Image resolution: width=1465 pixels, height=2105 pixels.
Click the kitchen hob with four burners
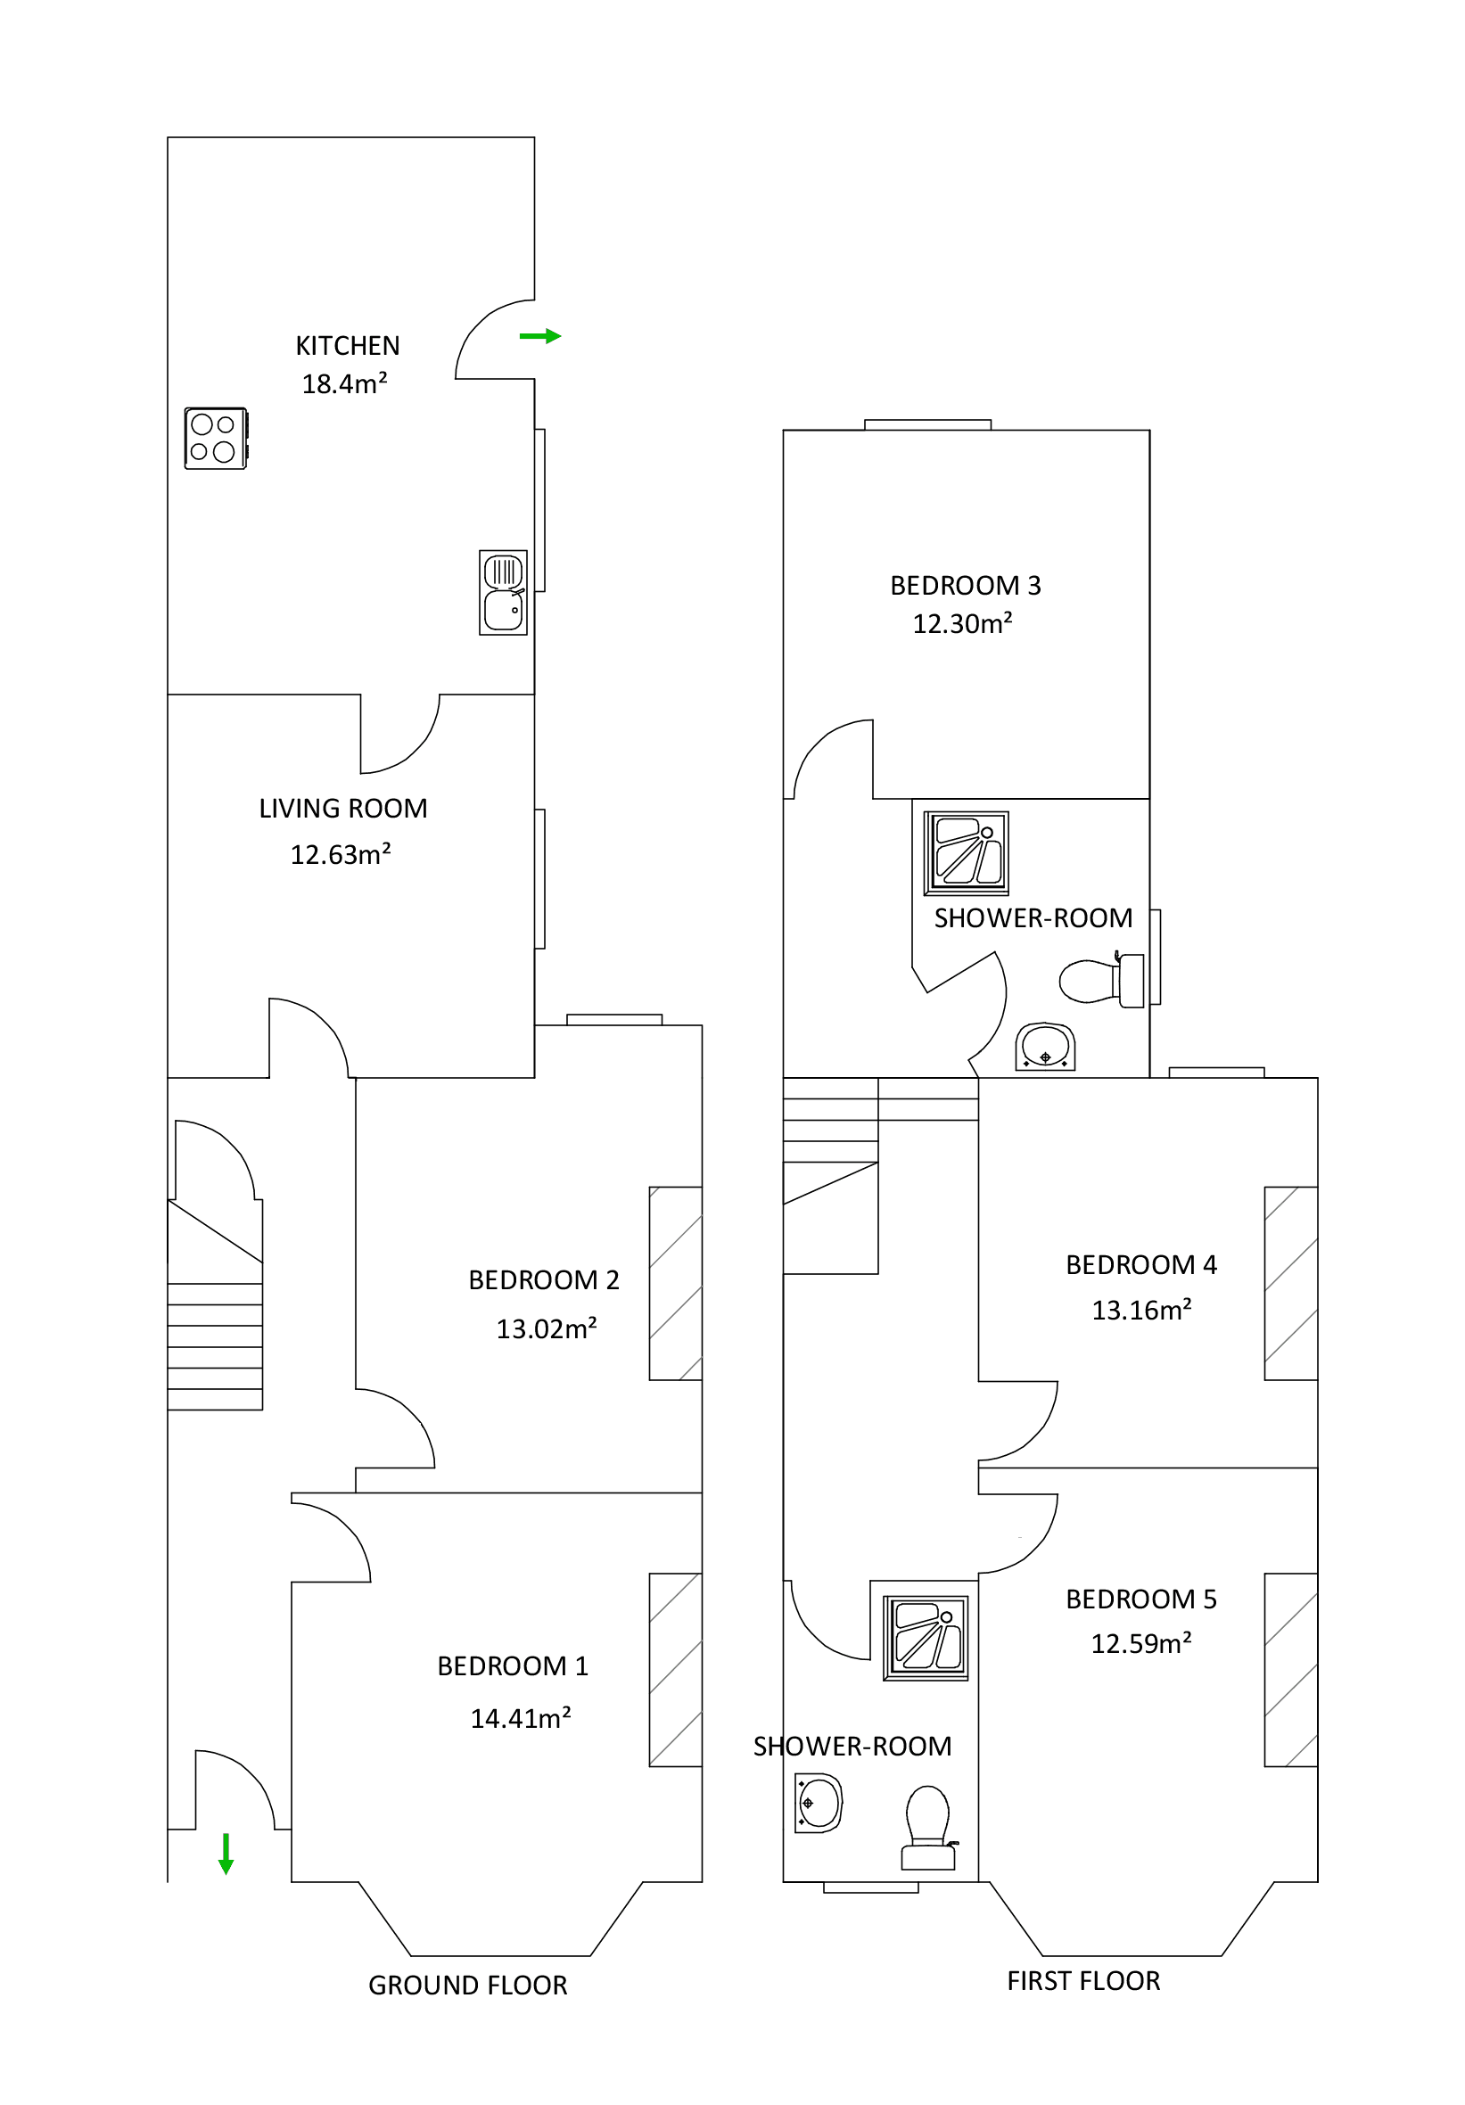point(216,439)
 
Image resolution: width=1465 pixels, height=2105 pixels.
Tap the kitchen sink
point(502,592)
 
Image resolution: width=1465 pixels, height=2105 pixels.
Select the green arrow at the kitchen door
point(539,336)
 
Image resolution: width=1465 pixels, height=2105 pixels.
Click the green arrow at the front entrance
point(226,1853)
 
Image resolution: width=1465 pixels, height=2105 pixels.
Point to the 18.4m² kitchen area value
point(344,383)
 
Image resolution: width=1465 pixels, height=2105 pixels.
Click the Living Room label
point(343,809)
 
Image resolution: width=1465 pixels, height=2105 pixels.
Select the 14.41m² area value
point(520,1718)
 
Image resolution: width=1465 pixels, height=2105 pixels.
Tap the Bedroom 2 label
point(544,1280)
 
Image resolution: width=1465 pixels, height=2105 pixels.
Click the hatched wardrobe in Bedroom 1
point(675,1670)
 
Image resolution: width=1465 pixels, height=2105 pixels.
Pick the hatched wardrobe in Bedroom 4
point(1290,1284)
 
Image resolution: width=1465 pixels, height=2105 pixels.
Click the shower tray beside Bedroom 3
point(966,852)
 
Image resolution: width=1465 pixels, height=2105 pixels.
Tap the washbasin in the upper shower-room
point(1044,1046)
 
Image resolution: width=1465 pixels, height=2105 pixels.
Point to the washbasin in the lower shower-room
point(818,1804)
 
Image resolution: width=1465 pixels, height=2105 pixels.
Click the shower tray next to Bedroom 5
point(925,1639)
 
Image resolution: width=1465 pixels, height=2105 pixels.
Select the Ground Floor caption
point(467,1985)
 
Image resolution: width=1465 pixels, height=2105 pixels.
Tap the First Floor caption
point(1082,1981)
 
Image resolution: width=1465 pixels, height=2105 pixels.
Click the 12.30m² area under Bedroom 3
point(962,623)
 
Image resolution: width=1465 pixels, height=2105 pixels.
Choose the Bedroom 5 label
point(1140,1599)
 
